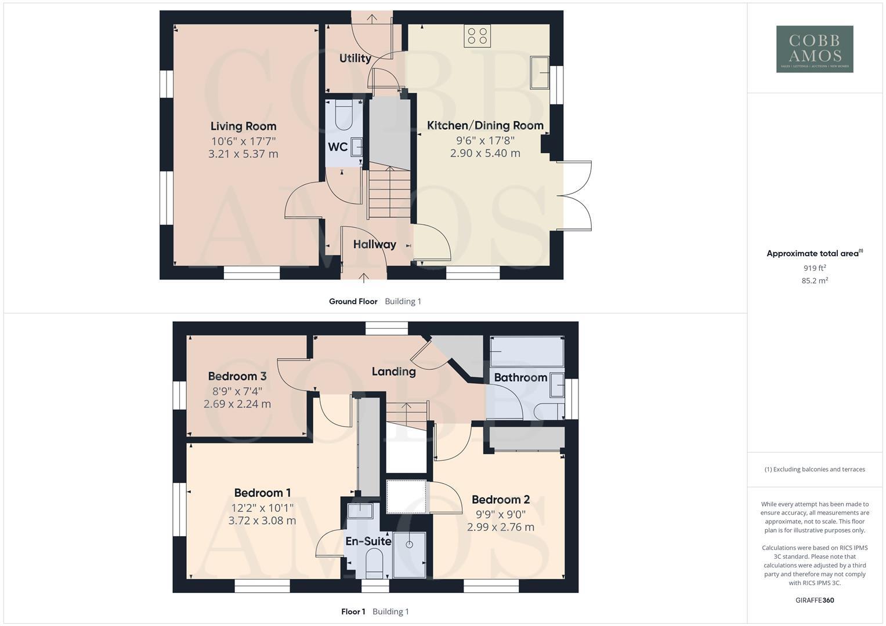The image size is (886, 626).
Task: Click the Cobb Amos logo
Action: coord(814,49)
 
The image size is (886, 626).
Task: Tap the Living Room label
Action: coord(243,126)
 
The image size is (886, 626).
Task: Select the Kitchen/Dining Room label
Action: coord(485,125)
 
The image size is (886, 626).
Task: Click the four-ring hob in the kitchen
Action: coord(477,36)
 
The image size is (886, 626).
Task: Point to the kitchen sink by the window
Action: coord(540,72)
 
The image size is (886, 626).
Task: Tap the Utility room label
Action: coord(355,58)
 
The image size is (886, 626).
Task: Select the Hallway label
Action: coord(374,245)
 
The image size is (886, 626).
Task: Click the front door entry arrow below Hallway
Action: coord(364,278)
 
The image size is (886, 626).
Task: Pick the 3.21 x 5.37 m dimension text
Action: coord(243,154)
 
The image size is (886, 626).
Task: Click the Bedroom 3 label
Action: coord(237,377)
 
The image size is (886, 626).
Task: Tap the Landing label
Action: coord(393,372)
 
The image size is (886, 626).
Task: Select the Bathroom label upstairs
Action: coord(520,378)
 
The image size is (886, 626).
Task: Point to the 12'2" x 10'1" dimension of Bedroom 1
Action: coord(262,508)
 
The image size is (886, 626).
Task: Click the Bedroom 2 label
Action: coord(500,500)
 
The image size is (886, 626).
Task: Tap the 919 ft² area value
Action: coord(814,268)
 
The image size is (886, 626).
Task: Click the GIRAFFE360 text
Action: coord(814,600)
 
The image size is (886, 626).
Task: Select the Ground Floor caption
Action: coord(353,301)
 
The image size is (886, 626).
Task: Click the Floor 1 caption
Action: coord(353,612)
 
